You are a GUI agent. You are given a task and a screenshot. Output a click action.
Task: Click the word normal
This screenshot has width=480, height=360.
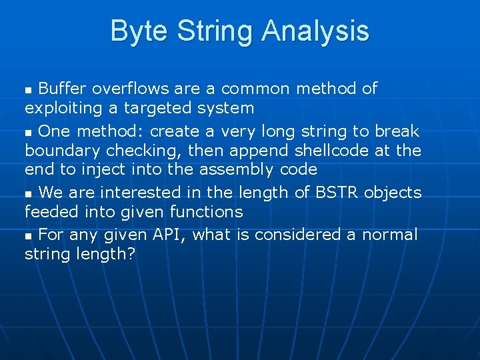pos(389,235)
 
